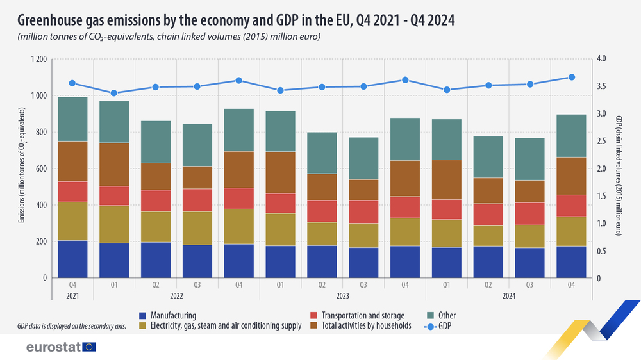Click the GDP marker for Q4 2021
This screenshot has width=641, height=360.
[72, 83]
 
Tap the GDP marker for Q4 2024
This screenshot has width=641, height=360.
[572, 78]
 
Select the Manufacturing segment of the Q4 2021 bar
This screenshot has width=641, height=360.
[72, 259]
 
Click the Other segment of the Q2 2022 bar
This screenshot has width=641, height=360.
[156, 142]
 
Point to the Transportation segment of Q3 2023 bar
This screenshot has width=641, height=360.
[363, 211]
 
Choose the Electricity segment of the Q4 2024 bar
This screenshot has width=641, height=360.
[572, 231]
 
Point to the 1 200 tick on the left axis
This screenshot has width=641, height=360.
[39, 60]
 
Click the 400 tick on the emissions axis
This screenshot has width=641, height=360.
[42, 205]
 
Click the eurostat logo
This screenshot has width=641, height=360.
[61, 347]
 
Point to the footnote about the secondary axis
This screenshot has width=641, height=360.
[71, 326]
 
